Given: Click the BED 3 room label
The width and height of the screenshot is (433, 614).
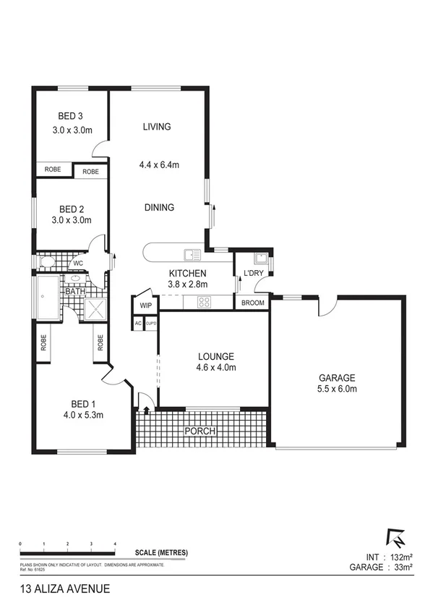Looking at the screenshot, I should pos(71,116).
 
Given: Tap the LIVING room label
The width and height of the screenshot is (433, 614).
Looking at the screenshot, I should pos(157,127).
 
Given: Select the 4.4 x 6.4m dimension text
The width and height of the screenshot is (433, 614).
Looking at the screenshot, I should pos(159,165).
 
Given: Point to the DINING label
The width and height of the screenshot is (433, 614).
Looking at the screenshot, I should pos(159,208).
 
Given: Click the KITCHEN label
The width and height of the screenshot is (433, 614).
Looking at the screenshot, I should pos(188,273).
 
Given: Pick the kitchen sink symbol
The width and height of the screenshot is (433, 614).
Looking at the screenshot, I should pos(192,254).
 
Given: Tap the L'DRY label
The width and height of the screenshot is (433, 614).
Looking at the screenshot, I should pos(253,272).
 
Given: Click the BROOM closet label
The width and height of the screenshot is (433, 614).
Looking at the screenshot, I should pos(252,303).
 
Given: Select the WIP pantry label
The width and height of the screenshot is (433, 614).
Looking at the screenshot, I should pos(145,305).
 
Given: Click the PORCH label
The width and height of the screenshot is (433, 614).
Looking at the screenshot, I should pos(200,432).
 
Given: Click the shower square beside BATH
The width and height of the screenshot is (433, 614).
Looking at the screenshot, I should pos(95,309).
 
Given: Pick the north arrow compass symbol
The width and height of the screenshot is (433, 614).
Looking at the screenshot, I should pos(397,539).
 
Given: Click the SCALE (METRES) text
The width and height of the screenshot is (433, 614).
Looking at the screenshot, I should pos(163,552).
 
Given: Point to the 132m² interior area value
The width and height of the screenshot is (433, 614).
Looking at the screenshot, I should pos(398,556).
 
